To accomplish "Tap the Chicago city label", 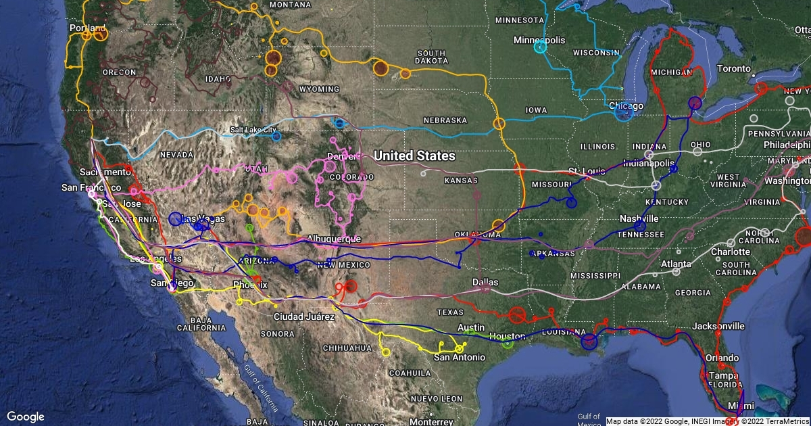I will pyautogui.click(x=626, y=106).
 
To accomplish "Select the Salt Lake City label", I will pyautogui.click(x=253, y=129).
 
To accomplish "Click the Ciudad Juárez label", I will pyautogui.click(x=304, y=316).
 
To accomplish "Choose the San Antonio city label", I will pyautogui.click(x=460, y=357).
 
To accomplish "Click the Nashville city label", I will pyautogui.click(x=639, y=218).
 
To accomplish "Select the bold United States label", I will pyautogui.click(x=414, y=156).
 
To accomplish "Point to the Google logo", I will pyautogui.click(x=25, y=417).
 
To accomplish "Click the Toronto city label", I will pyautogui.click(x=733, y=68).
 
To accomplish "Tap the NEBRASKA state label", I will pyautogui.click(x=445, y=120).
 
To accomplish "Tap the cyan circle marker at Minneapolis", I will pyautogui.click(x=540, y=47).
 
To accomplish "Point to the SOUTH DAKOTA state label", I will pyautogui.click(x=431, y=57).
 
